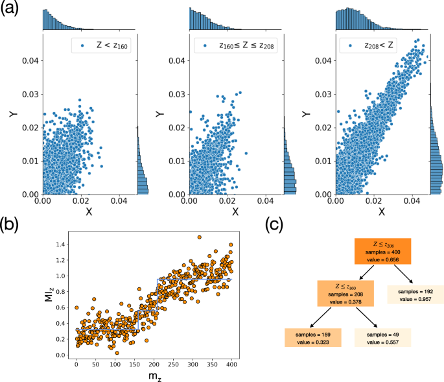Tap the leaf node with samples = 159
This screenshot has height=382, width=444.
tap(310, 337)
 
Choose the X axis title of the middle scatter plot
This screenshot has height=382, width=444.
tap(235, 211)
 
